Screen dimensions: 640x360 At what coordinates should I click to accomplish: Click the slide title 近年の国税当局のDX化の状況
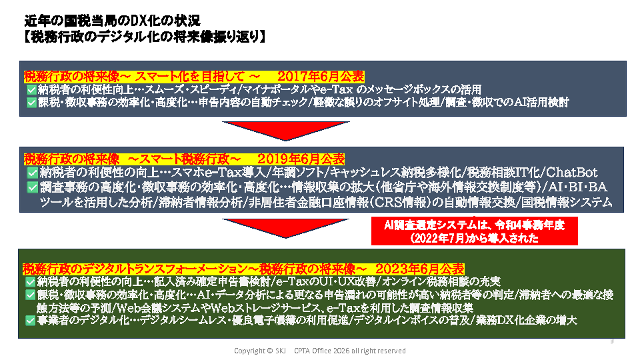pyautogui.click(x=112, y=21)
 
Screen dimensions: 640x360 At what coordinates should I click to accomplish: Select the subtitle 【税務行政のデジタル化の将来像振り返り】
pyautogui.click(x=145, y=37)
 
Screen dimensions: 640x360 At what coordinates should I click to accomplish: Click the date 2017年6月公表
pyautogui.click(x=321, y=76)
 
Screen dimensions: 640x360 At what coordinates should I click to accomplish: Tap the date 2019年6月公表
pyautogui.click(x=301, y=159)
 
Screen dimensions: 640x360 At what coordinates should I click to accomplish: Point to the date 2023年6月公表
pyautogui.click(x=419, y=269)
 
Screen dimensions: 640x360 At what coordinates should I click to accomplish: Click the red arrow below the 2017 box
pyautogui.click(x=286, y=131)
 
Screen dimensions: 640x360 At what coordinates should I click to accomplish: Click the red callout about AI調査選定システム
pyautogui.click(x=474, y=231)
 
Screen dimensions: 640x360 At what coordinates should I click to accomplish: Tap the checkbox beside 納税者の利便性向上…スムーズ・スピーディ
pyautogui.click(x=31, y=89)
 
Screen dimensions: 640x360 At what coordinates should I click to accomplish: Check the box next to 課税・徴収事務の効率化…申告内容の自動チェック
pyautogui.click(x=31, y=102)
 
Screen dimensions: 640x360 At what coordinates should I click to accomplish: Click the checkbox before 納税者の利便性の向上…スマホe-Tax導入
pyautogui.click(x=33, y=173)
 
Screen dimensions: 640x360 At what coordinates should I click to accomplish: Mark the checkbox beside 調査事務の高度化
pyautogui.click(x=33, y=187)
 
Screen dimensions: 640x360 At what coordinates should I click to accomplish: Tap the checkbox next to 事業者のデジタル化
pyautogui.click(x=30, y=321)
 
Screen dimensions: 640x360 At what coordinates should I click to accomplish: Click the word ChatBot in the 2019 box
pyautogui.click(x=571, y=172)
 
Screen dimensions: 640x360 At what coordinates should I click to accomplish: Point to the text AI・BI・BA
pyautogui.click(x=577, y=187)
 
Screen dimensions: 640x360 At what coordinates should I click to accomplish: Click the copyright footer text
pyautogui.click(x=320, y=351)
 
